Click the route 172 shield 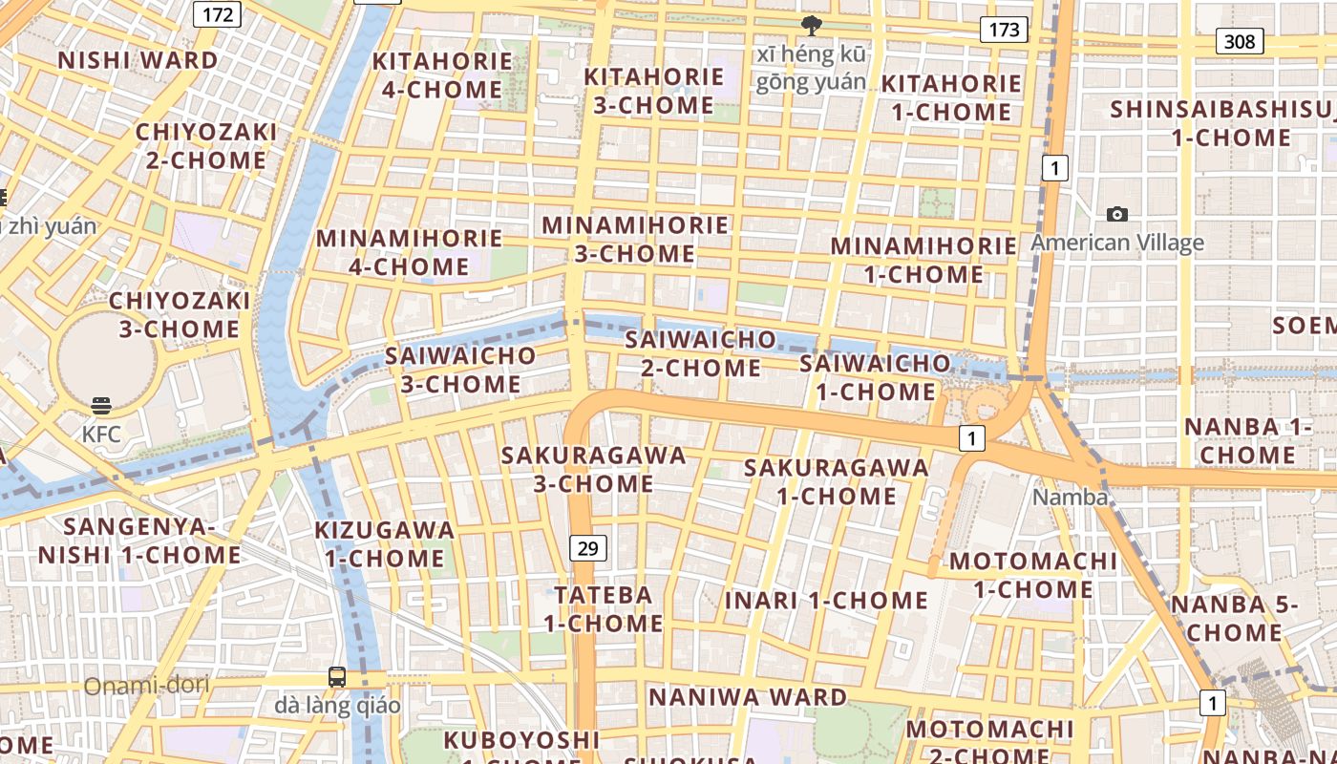pyautogui.click(x=218, y=13)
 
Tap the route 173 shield pyautogui.click(x=1004, y=30)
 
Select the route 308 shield pyautogui.click(x=1240, y=41)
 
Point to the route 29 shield pyautogui.click(x=588, y=547)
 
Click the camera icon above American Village pyautogui.click(x=1116, y=215)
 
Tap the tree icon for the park pyautogui.click(x=812, y=26)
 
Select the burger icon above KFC pyautogui.click(x=101, y=406)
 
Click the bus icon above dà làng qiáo pyautogui.click(x=337, y=677)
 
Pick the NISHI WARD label pyautogui.click(x=138, y=60)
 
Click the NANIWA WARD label pyautogui.click(x=748, y=697)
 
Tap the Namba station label pyautogui.click(x=1071, y=498)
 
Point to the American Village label pyautogui.click(x=1116, y=243)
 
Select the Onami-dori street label pyautogui.click(x=146, y=686)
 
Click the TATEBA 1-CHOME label pyautogui.click(x=604, y=609)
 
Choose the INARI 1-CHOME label pyautogui.click(x=826, y=601)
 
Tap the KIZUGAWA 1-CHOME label pyautogui.click(x=385, y=543)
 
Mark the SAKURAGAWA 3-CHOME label pyautogui.click(x=594, y=469)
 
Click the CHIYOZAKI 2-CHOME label pyautogui.click(x=206, y=145)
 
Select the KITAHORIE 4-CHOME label pyautogui.click(x=442, y=75)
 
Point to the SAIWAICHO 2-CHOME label pyautogui.click(x=701, y=353)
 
